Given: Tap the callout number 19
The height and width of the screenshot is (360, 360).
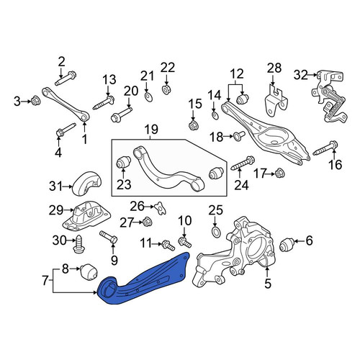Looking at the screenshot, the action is tap(151, 130).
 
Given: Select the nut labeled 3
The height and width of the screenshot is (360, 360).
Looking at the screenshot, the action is tap(36, 102).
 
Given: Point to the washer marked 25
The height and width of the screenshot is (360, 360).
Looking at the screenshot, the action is tap(215, 233).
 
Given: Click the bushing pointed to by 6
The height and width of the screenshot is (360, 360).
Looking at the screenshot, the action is tap(287, 245).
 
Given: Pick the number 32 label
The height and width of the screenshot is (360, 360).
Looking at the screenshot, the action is tap(300, 75).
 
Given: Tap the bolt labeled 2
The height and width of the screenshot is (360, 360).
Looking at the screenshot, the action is tap(66, 78).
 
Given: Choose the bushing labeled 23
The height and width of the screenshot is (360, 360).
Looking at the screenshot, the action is tap(124, 162).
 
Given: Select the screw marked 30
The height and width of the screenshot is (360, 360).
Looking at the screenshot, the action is tap(78, 244).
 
